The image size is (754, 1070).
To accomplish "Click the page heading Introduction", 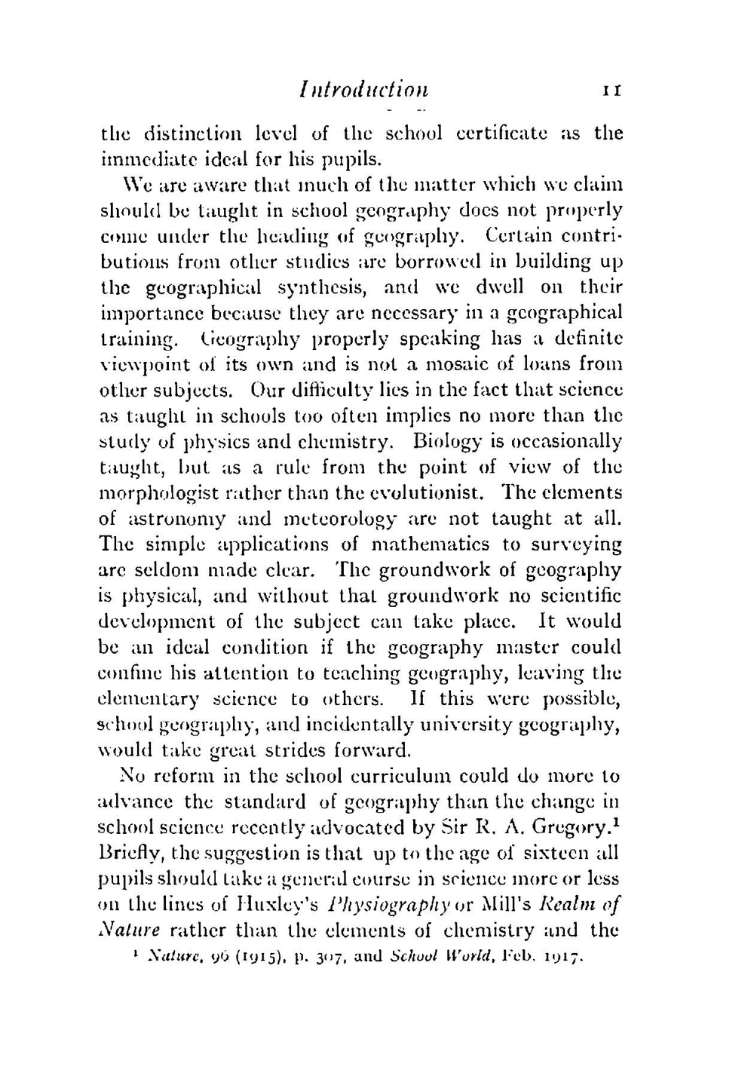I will click(363, 90).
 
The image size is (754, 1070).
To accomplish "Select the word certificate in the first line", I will click(513, 133).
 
